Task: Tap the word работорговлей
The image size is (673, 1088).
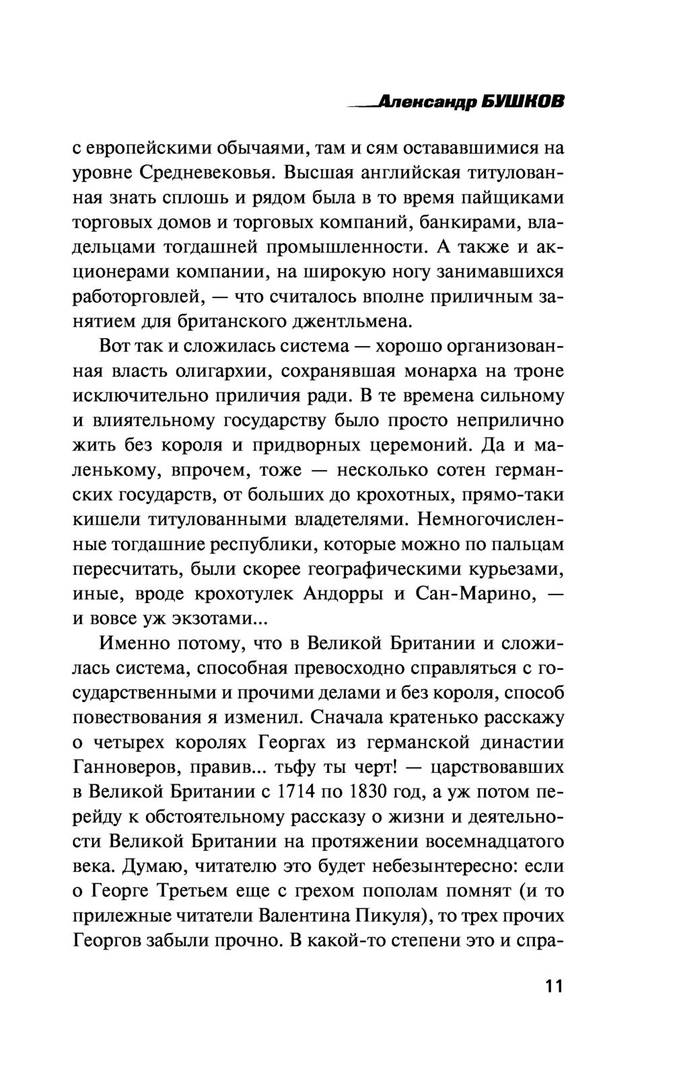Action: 138,296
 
